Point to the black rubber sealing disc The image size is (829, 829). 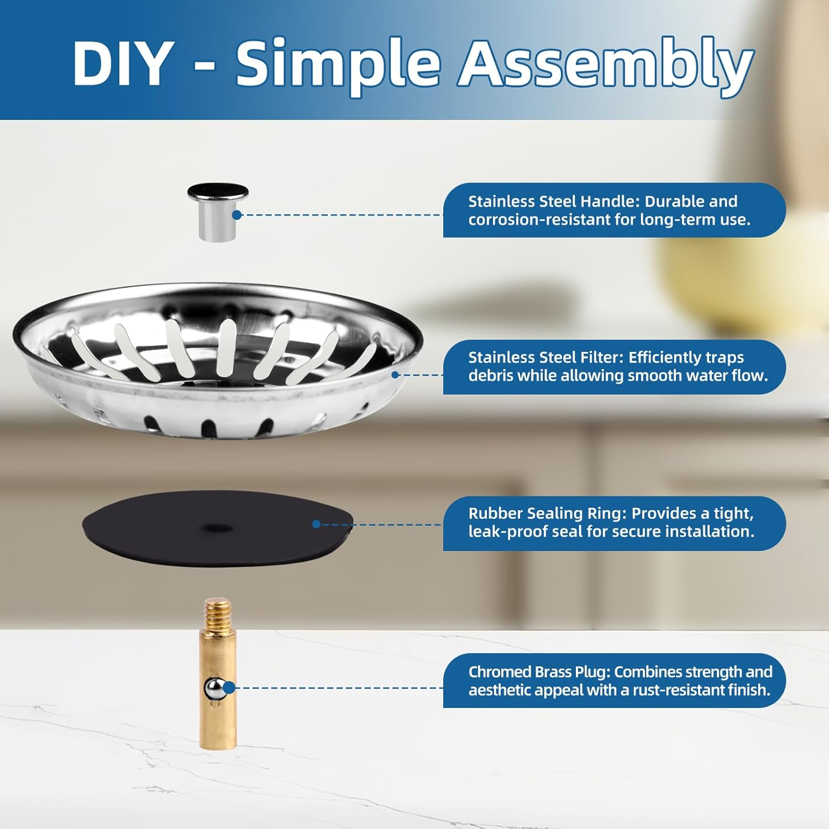point(218,528)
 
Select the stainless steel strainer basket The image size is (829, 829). point(218,361)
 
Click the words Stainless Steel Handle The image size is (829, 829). point(554,201)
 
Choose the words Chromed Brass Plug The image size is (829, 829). point(539,672)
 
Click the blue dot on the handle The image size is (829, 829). point(237,215)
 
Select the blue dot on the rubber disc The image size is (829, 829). point(316,524)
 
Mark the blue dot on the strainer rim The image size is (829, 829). point(395,375)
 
